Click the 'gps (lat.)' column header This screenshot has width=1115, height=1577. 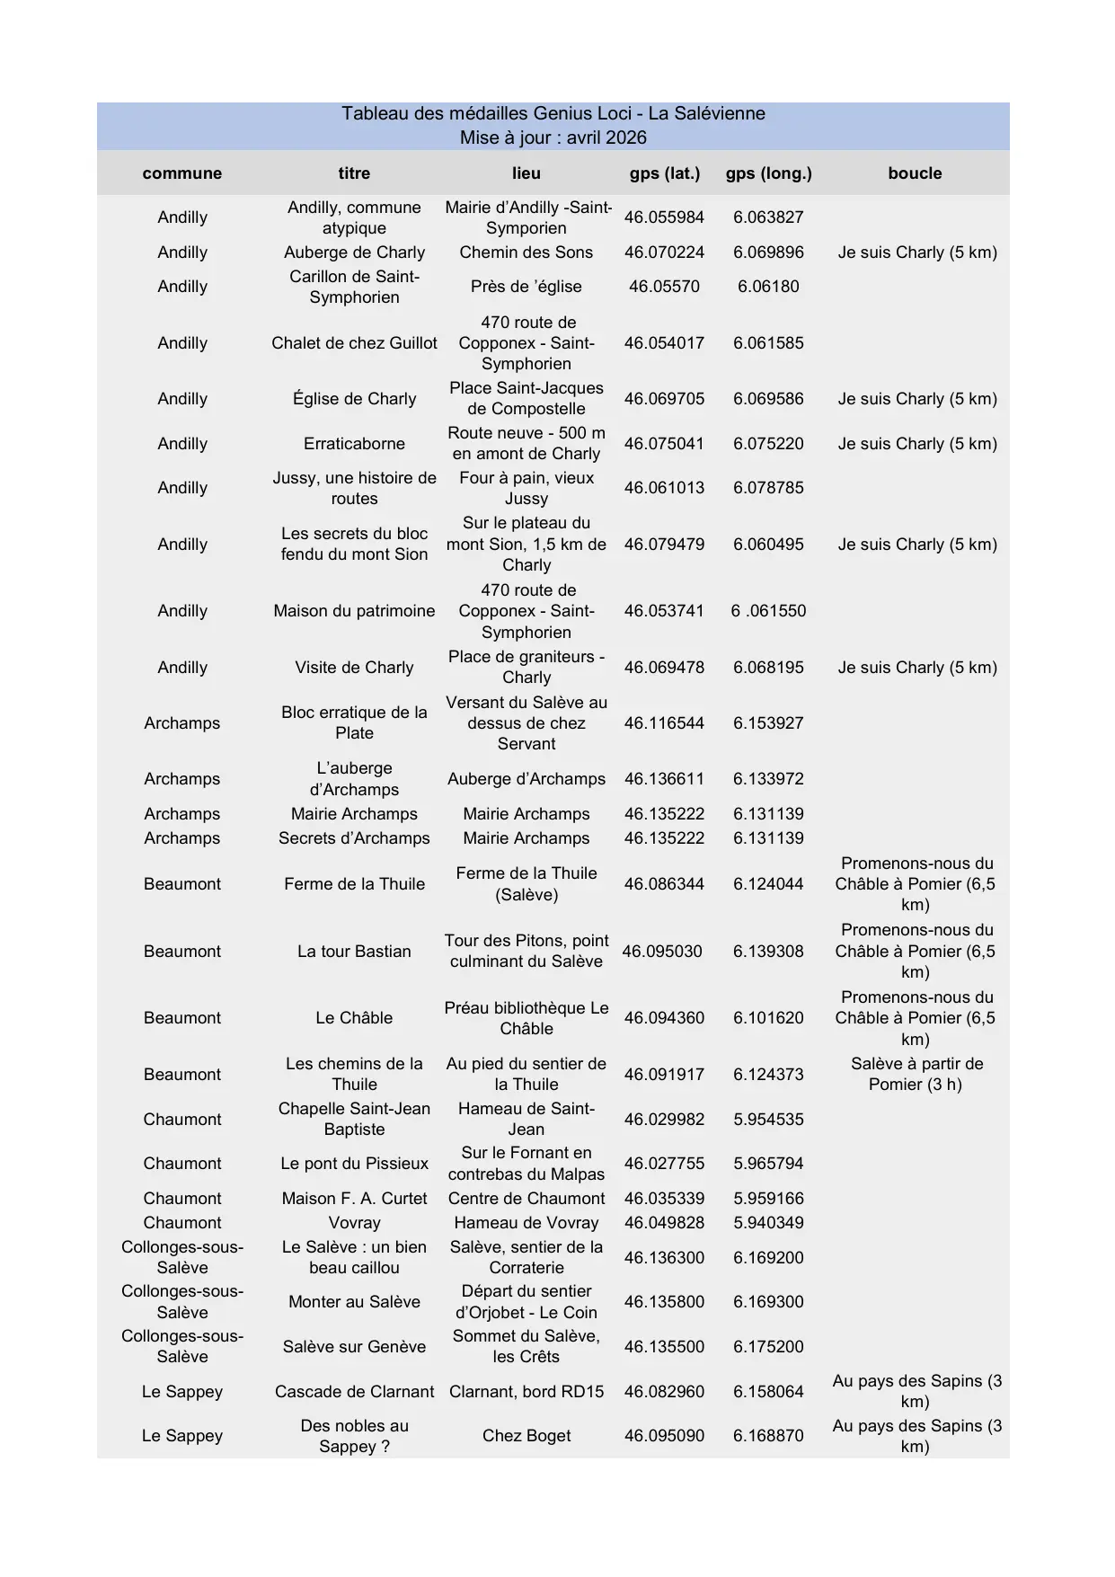click(664, 173)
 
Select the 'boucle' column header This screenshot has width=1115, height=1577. click(915, 173)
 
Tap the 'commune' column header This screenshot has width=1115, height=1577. click(181, 173)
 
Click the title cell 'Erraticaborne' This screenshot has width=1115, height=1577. click(354, 444)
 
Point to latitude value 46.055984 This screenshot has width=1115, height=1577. click(664, 217)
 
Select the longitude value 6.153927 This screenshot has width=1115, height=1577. click(768, 723)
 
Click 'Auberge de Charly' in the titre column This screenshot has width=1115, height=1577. click(354, 252)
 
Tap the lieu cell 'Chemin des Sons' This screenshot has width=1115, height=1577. click(526, 252)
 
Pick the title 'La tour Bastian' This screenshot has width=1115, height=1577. click(354, 952)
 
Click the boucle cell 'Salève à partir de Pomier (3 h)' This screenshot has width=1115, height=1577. click(916, 1074)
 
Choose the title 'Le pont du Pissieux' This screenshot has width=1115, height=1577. click(354, 1164)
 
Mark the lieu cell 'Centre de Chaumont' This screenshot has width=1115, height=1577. click(526, 1199)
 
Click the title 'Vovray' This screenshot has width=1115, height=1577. click(354, 1223)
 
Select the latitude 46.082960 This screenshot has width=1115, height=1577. click(664, 1392)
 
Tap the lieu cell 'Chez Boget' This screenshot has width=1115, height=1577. click(526, 1436)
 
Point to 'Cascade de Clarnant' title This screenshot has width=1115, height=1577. click(354, 1392)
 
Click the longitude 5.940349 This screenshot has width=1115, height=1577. click(768, 1223)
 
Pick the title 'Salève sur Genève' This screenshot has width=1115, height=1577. click(354, 1347)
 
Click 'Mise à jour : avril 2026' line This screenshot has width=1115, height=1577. click(553, 137)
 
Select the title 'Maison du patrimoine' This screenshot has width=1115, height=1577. click(354, 611)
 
